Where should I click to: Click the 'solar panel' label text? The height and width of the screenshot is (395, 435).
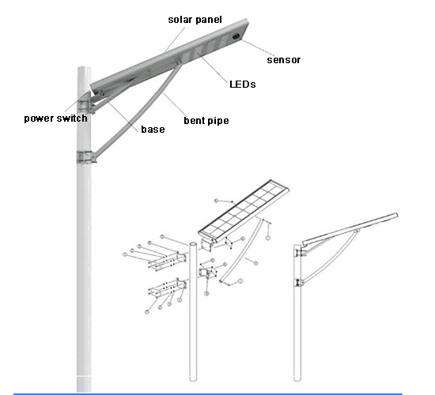pyautogui.click(x=195, y=20)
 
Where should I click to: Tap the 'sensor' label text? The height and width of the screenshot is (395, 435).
pyautogui.click(x=283, y=60)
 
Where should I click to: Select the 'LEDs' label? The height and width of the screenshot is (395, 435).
pyautogui.click(x=243, y=84)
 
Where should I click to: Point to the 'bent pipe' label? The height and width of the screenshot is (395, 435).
pyautogui.click(x=206, y=121)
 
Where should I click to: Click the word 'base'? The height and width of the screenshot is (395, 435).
pyautogui.click(x=153, y=130)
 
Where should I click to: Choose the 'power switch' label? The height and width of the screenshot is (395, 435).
pyautogui.click(x=56, y=118)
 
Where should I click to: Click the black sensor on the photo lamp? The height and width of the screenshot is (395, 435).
pyautogui.click(x=236, y=36)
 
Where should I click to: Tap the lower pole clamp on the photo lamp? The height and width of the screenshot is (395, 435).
pyautogui.click(x=86, y=157)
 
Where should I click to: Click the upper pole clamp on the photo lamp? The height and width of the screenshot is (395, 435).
pyautogui.click(x=86, y=107)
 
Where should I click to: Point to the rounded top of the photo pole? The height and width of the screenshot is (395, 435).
pyautogui.click(x=84, y=69)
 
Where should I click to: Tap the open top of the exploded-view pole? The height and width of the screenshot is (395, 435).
pyautogui.click(x=193, y=244)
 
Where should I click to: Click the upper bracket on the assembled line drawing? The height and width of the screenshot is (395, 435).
pyautogui.click(x=300, y=253)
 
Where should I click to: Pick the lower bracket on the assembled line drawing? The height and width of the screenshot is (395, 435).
pyautogui.click(x=299, y=283)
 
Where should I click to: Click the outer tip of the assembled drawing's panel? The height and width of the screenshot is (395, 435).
pyautogui.click(x=397, y=215)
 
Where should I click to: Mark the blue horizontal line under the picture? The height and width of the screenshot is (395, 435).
pyautogui.click(x=208, y=393)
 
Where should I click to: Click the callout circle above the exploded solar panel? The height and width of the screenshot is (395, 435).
pyautogui.click(x=217, y=201)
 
